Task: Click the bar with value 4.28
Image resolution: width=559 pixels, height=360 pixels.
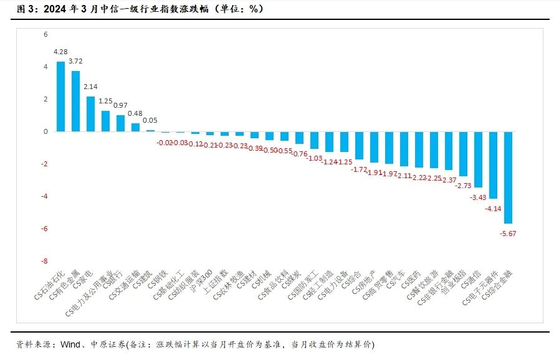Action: pos(60,97)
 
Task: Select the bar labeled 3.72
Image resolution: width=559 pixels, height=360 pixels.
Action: pos(75,101)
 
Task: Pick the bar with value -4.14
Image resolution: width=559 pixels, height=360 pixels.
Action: pos(493,165)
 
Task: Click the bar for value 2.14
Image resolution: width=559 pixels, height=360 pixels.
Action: pos(90,114)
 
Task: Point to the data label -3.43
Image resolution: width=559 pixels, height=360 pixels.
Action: pos(478,197)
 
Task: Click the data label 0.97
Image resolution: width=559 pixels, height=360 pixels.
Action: pos(120,105)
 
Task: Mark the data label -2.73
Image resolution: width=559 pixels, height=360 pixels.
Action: pos(463,186)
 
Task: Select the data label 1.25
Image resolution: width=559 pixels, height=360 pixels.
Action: pos(105,101)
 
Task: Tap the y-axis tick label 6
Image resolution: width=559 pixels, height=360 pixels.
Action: pos(45,35)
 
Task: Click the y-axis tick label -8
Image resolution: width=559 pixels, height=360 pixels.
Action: pos(44,261)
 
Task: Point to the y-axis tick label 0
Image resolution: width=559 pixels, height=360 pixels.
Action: pos(45,131)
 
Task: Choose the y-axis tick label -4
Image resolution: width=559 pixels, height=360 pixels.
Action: pos(44,196)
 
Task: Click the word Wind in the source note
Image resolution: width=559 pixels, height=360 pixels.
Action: pos(70,344)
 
